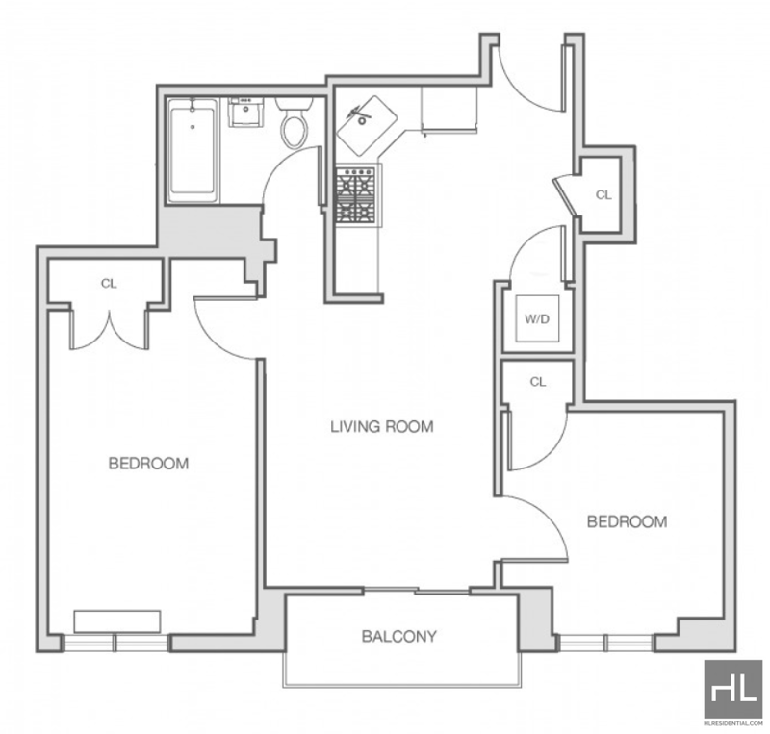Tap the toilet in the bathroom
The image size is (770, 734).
coord(295,122)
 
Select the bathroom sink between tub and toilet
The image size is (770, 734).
coord(245,112)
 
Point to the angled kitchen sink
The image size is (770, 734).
coord(367,126)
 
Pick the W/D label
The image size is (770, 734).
coord(537,319)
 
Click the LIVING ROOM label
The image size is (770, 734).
coord(381,426)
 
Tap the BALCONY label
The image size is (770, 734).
coord(399,636)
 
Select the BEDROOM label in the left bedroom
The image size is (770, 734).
coord(148,464)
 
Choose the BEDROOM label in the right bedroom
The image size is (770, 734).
coord(628,521)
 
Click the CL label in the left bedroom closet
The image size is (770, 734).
coord(109,283)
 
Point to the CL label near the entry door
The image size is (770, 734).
coord(603,195)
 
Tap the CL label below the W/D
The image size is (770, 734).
coord(538,382)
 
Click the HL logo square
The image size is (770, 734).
coord(733,689)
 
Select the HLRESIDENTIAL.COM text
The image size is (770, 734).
coord(733,723)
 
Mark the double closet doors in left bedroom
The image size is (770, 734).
coord(109,329)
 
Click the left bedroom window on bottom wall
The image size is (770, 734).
coord(115,643)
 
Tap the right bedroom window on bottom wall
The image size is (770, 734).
coord(606,643)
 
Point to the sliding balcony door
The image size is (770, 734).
coord(417,590)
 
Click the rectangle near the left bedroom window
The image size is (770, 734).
coord(117,621)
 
